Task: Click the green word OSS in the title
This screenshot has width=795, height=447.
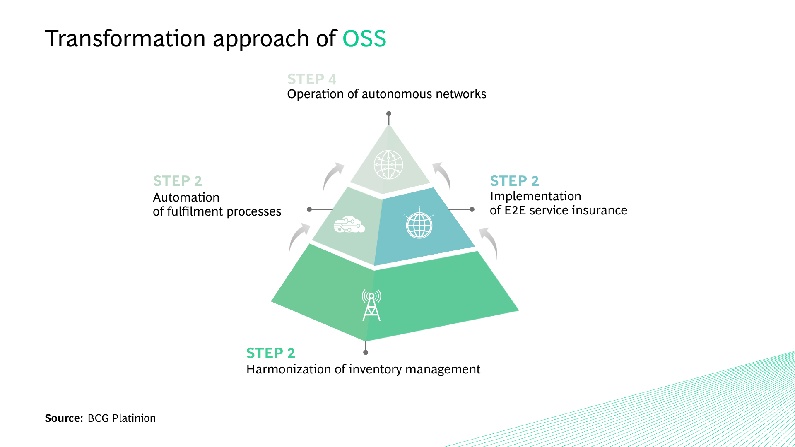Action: pyautogui.click(x=364, y=39)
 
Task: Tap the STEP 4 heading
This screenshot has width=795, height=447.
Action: pyautogui.click(x=311, y=79)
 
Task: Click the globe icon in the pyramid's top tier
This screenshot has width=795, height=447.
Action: pyautogui.click(x=388, y=165)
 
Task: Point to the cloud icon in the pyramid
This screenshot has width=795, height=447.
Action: pyautogui.click(x=349, y=225)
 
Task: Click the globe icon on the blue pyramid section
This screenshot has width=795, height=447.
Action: pyautogui.click(x=419, y=225)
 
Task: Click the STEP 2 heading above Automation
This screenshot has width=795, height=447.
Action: pyautogui.click(x=177, y=181)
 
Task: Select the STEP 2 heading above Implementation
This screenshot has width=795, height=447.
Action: pyautogui.click(x=514, y=181)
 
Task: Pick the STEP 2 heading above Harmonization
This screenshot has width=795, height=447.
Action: pyautogui.click(x=270, y=353)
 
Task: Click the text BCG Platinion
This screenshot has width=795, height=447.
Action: pyautogui.click(x=122, y=418)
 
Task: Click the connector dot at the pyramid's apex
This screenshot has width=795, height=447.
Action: pyautogui.click(x=388, y=113)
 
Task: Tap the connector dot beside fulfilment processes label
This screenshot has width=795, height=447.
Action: pyautogui.click(x=309, y=209)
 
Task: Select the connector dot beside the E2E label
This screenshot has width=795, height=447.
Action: pyautogui.click(x=472, y=209)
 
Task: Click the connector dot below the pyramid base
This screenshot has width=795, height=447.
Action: pyautogui.click(x=366, y=353)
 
